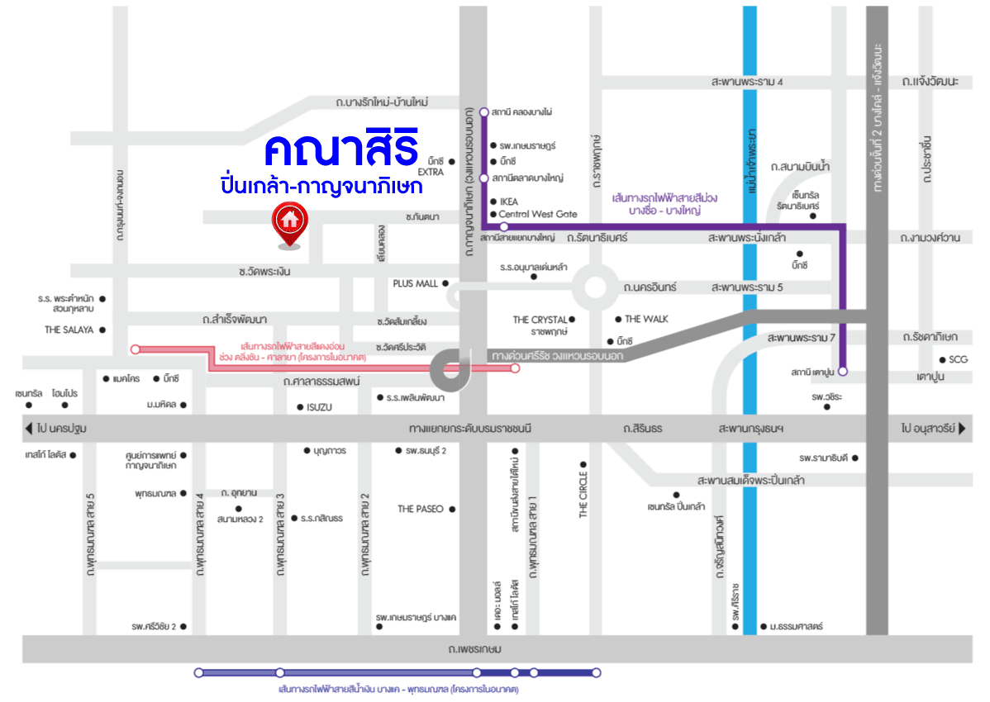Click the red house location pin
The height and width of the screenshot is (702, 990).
click(288, 222)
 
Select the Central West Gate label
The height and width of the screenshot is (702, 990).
click(538, 214)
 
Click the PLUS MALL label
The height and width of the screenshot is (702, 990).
click(415, 283)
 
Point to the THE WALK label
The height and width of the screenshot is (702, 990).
click(646, 319)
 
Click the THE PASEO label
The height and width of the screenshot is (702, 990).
click(420, 509)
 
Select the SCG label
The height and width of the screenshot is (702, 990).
click(959, 359)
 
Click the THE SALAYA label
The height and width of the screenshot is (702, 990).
click(70, 329)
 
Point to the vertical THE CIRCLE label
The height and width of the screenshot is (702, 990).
click(583, 495)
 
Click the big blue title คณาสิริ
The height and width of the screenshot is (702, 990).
click(341, 149)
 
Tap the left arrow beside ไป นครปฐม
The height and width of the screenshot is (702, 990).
click(30, 429)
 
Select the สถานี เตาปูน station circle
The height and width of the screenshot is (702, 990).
click(843, 371)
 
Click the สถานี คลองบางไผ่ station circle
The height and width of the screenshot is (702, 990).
click(484, 111)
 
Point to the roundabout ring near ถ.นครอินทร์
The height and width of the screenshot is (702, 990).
click(595, 287)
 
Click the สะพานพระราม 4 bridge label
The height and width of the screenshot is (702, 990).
click(746, 82)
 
